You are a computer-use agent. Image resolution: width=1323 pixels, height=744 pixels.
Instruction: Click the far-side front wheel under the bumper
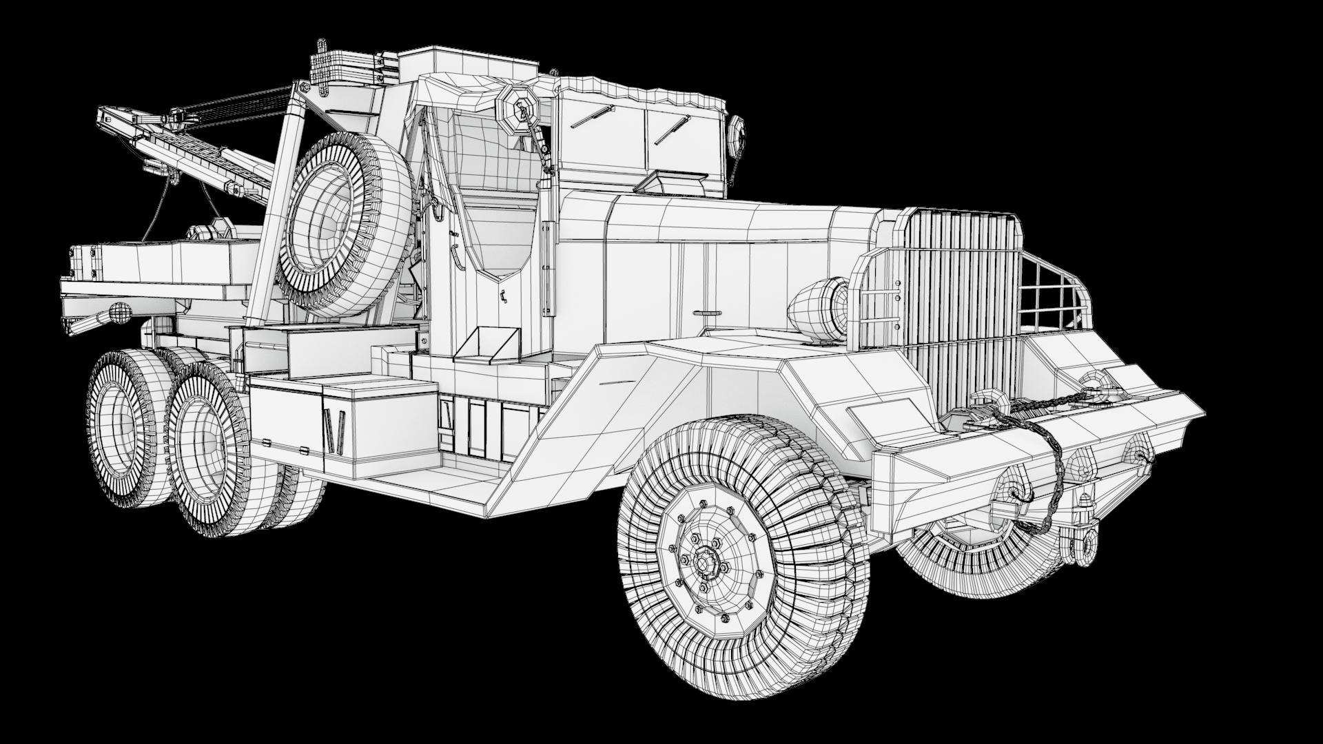click(978, 551)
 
